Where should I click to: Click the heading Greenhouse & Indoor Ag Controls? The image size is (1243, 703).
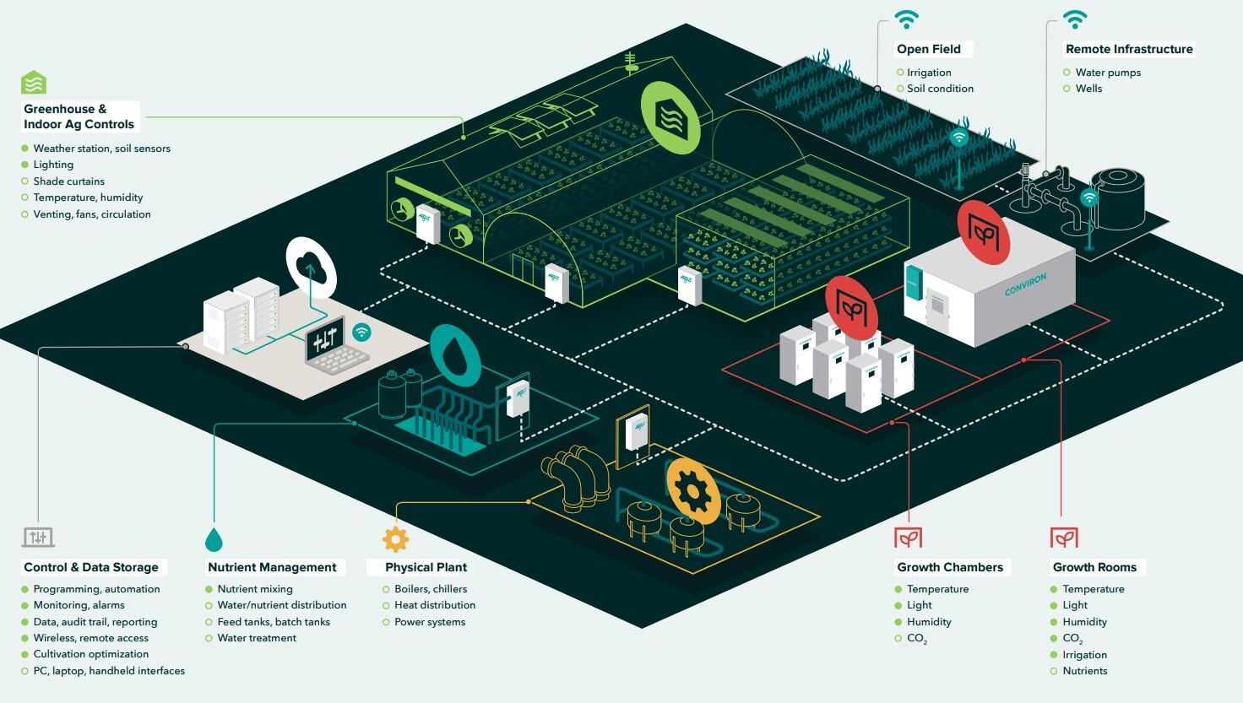coord(79,116)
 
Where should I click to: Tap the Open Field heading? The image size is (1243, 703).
coord(929,49)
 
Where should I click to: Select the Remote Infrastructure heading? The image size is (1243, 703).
coord(1129,49)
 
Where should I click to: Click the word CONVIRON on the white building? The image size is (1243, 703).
coord(1025,284)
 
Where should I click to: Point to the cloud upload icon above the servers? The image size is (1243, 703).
coord(311,269)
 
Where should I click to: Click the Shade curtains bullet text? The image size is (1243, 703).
coord(69,181)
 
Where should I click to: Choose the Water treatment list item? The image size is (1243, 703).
coord(257,638)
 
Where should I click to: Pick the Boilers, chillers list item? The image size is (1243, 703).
coord(431,589)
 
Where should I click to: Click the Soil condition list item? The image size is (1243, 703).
coord(940,89)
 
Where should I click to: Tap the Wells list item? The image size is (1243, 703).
coord(1088,89)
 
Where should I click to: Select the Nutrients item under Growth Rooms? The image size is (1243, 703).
coord(1085,671)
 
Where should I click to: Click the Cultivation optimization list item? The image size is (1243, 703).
coord(91,654)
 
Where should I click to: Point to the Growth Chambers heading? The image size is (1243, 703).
coord(950,567)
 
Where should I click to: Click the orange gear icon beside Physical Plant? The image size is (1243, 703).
coord(395,538)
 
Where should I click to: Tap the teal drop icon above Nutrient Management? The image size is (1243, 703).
coord(214,539)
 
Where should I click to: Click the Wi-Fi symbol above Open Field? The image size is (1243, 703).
coord(907,19)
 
